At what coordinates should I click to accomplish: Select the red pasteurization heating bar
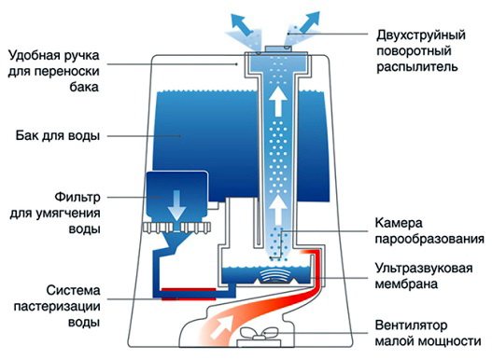tap(185, 292)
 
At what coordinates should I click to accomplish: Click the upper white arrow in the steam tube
tap(278, 101)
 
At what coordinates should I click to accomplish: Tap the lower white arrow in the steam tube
tap(278, 203)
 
